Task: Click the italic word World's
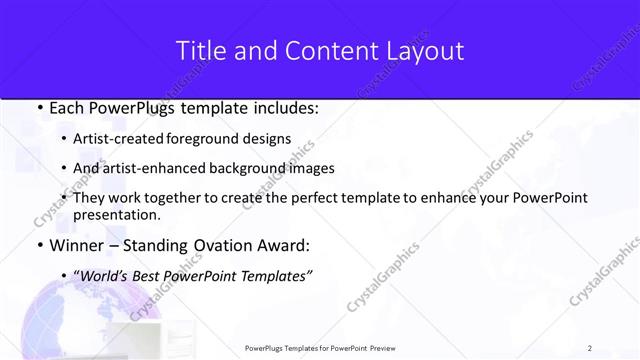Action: point(103,276)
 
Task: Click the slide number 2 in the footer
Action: point(590,348)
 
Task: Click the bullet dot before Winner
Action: point(38,245)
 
